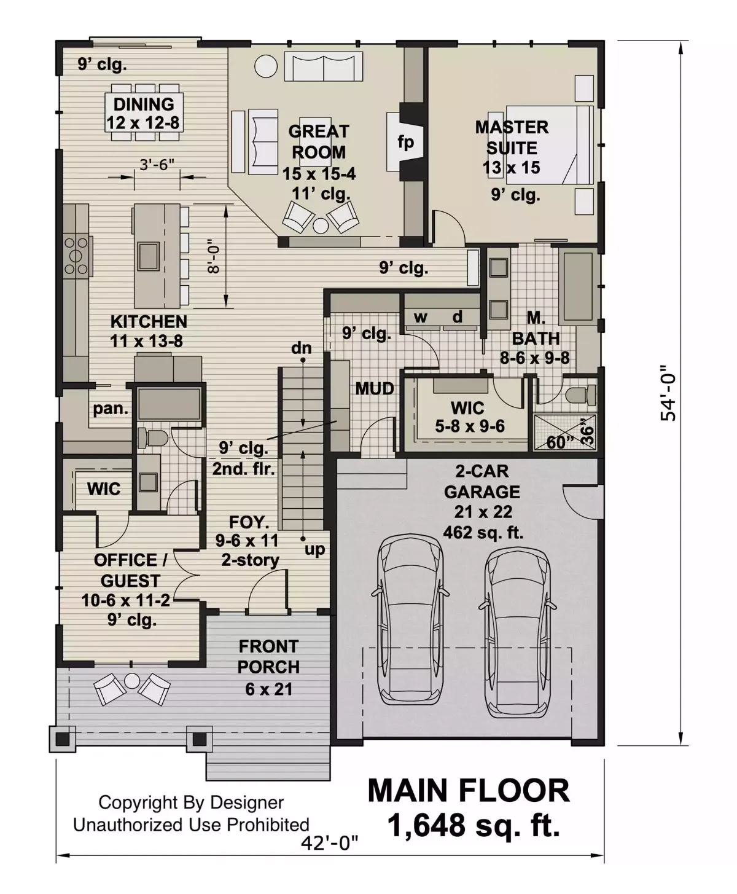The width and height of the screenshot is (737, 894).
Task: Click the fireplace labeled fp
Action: (405, 141)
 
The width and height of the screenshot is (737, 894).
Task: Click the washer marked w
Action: (421, 318)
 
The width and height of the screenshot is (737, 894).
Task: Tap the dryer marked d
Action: (458, 318)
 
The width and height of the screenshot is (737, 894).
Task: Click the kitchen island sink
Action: (148, 256)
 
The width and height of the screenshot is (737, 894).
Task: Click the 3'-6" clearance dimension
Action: (157, 165)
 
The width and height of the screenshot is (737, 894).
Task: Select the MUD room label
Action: (375, 388)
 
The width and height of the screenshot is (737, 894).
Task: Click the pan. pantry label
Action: (111, 409)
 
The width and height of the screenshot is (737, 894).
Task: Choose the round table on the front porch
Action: (132, 680)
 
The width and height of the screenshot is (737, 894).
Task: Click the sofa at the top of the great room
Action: (323, 66)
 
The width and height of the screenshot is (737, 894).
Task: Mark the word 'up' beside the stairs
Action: (314, 549)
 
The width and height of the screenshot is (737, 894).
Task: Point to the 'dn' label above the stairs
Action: (302, 348)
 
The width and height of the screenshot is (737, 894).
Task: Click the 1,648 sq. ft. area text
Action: (474, 825)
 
